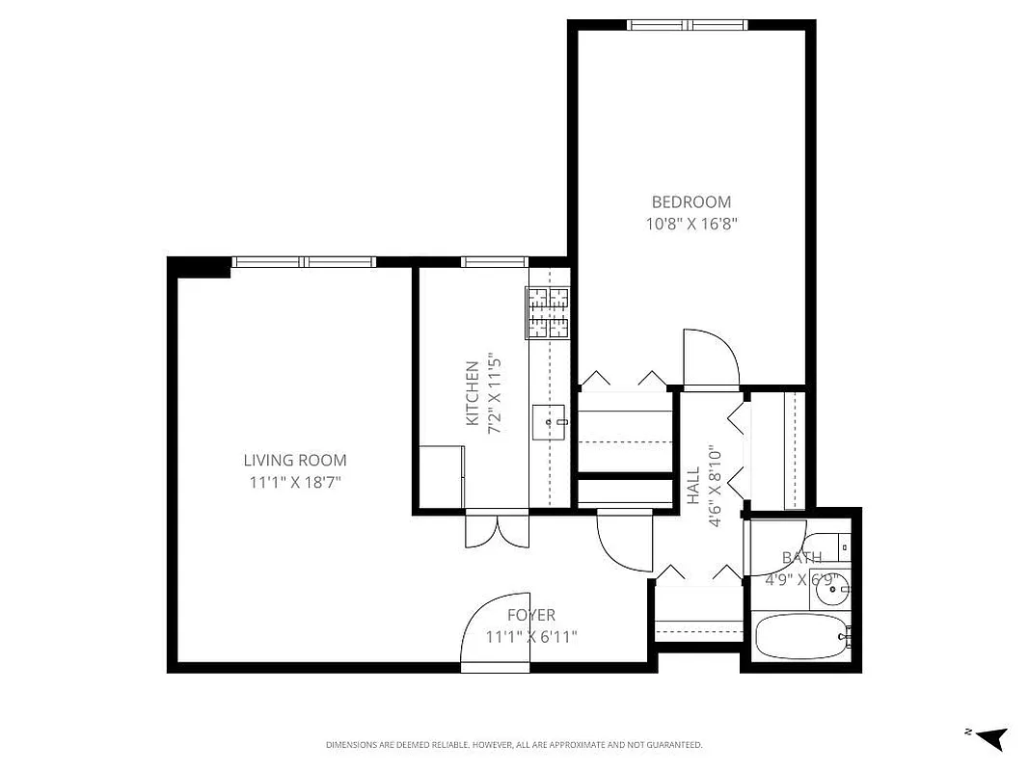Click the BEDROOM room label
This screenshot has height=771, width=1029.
coord(691,202)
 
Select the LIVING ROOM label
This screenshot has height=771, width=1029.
coord(294,461)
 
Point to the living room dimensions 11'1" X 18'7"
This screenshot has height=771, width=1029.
coord(294,482)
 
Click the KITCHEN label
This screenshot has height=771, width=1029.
coord(473,393)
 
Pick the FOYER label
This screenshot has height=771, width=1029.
coord(531,615)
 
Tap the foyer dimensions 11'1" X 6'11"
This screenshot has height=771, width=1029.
coord(531,636)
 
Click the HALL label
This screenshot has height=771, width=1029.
coord(693,486)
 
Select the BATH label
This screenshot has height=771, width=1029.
coord(801,558)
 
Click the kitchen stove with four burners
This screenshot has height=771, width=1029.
coord(548,313)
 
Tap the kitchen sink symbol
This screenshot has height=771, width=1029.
coord(549,421)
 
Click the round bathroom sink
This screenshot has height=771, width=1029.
coord(830,589)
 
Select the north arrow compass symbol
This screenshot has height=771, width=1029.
coord(990,737)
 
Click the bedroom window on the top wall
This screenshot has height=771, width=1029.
coord(688,25)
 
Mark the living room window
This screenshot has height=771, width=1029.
coord(304,261)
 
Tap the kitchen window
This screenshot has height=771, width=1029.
coord(494,261)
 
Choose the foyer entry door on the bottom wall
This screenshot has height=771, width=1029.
coord(495,632)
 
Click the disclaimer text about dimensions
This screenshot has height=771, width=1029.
coord(514,745)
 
